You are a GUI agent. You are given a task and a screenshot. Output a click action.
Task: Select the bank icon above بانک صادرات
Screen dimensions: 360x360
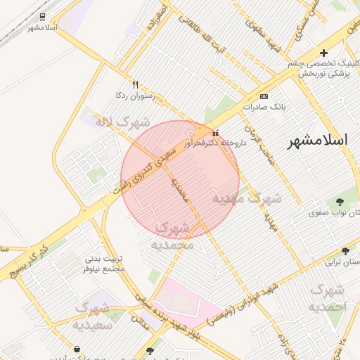[x=264, y=96]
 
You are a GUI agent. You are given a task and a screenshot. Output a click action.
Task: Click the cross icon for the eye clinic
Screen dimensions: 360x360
[x=323, y=53]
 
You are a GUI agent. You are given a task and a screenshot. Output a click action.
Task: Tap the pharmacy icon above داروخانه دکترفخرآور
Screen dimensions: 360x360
[x=215, y=132]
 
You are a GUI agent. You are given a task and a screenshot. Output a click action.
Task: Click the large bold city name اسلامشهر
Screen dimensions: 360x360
[x=318, y=140]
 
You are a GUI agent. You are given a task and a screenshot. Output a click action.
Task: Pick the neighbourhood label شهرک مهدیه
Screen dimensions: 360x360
[x=247, y=198]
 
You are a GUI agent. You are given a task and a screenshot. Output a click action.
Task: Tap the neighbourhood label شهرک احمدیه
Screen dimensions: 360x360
[x=328, y=298]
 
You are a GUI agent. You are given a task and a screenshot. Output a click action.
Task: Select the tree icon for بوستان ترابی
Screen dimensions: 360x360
[x=345, y=251]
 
